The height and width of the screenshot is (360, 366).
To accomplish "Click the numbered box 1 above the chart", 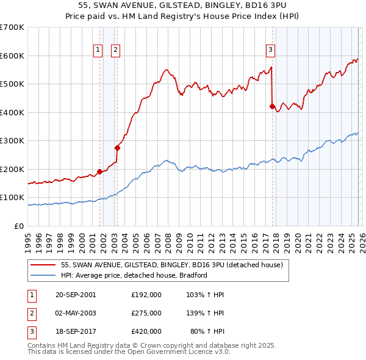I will tap(98, 51).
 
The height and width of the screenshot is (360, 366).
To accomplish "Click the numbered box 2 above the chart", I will tap(115, 51).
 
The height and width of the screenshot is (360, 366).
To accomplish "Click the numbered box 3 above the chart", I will tap(270, 51).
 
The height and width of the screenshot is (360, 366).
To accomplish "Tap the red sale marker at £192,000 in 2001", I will tap(99, 171).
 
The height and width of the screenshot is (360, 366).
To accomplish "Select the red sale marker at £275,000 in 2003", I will tap(117, 148).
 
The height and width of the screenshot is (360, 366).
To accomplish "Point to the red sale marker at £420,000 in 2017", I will tap(272, 106).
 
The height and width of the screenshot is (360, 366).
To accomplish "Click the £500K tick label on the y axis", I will tap(12, 84).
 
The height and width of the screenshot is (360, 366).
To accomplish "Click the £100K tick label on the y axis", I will tap(12, 198).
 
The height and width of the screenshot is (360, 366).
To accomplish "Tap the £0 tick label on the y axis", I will tap(18, 226).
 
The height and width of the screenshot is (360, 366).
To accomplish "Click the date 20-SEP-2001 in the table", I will tap(76, 295).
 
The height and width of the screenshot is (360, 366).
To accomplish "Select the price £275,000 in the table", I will tap(146, 314).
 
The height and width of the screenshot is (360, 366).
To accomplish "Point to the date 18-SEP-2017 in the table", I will tap(76, 333).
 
